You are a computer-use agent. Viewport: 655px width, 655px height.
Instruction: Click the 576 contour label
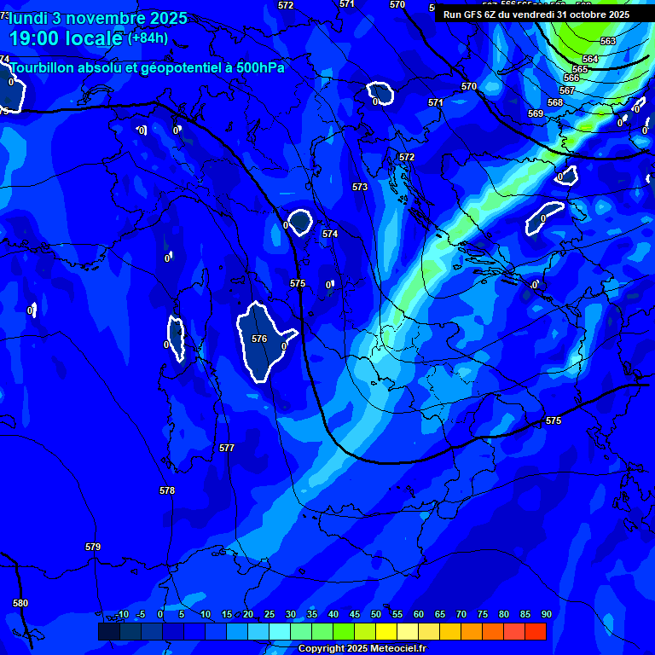point(259,339)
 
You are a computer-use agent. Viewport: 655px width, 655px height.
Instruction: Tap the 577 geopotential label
point(226,448)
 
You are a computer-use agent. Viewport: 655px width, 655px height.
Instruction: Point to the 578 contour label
point(167,490)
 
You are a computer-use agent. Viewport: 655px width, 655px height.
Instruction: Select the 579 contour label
point(93,547)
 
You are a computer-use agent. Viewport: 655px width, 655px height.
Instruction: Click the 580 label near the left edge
point(20,603)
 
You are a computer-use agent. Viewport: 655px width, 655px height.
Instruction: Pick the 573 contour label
point(360,187)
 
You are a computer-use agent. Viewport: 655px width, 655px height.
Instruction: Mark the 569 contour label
point(536,113)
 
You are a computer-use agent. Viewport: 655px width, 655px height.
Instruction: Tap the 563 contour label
point(608,41)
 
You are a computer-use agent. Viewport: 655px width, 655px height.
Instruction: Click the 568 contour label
point(555,102)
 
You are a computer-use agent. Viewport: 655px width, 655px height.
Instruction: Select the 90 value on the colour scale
point(546,614)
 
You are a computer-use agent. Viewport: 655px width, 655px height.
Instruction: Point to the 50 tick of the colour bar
point(376,614)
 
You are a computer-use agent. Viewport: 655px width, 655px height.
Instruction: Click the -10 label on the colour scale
point(121,614)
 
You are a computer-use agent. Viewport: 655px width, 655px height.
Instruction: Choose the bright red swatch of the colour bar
point(536,631)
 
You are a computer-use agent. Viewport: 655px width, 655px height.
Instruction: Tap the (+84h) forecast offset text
point(148,38)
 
